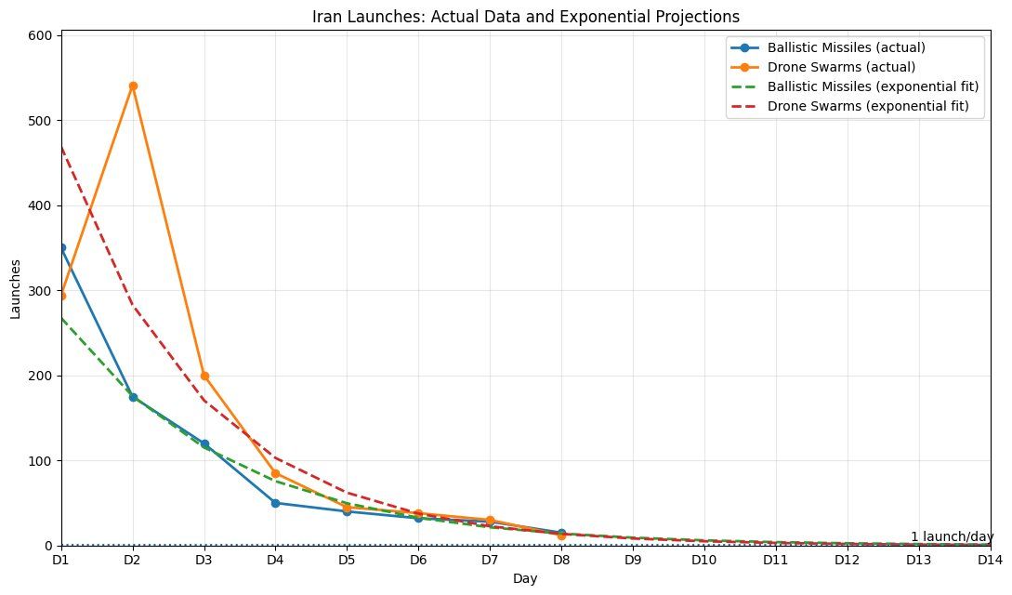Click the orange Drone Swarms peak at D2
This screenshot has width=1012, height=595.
click(x=133, y=86)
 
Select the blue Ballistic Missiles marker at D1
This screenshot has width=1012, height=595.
click(x=61, y=248)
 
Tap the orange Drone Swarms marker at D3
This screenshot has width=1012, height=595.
click(x=204, y=376)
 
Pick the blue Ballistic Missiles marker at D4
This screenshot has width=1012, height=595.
click(x=276, y=503)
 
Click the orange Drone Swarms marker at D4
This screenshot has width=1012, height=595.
click(x=276, y=473)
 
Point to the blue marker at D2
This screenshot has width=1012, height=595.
click(x=133, y=397)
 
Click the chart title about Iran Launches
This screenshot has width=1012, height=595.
click(x=525, y=16)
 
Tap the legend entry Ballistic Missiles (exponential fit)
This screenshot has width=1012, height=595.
click(x=873, y=86)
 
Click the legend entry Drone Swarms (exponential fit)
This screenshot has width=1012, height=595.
click(x=861, y=106)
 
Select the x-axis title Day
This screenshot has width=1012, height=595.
click(x=525, y=578)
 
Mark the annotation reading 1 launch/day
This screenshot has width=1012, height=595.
click(x=952, y=536)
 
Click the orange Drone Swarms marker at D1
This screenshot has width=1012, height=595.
click(x=61, y=296)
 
